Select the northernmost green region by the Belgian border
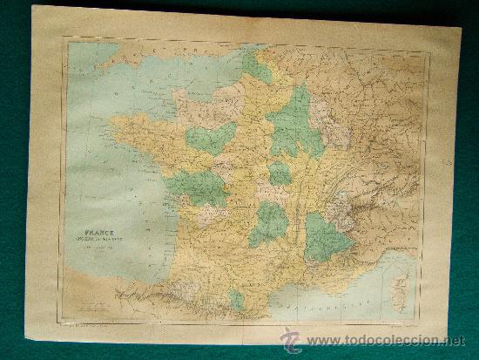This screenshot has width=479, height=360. click(x=257, y=65)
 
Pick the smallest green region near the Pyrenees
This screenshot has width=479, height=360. click(x=237, y=299)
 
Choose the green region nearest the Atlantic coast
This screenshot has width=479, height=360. click(x=197, y=187)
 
